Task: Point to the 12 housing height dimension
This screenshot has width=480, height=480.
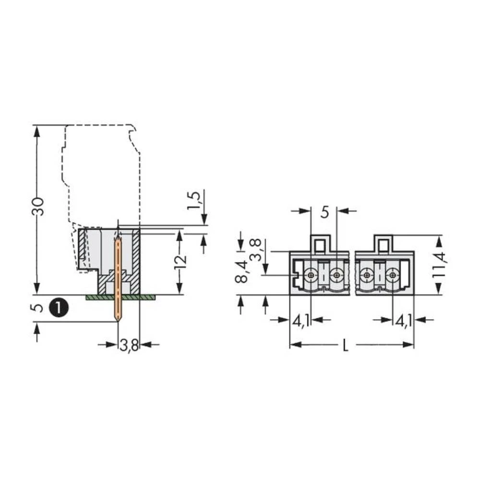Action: pyautogui.click(x=180, y=262)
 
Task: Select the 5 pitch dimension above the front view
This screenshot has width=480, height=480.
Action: pyautogui.click(x=324, y=212)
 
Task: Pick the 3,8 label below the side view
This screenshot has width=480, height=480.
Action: pyautogui.click(x=129, y=345)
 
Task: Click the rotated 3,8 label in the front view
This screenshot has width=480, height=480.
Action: pyautogui.click(x=257, y=249)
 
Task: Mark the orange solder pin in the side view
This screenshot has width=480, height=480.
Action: pyautogui.click(x=117, y=278)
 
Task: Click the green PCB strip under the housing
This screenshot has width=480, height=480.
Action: pyautogui.click(x=120, y=298)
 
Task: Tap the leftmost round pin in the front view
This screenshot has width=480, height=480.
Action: pyautogui.click(x=312, y=275)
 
